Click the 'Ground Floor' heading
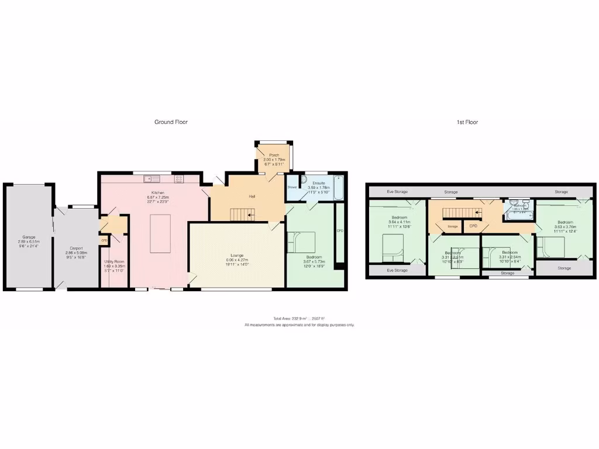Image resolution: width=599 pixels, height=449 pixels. [171, 122]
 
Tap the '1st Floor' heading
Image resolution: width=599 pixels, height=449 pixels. [467, 122]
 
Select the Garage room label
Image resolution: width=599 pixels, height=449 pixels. [29, 237]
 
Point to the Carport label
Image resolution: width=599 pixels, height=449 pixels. [76, 248]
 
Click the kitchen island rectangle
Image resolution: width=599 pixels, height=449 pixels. [160, 233]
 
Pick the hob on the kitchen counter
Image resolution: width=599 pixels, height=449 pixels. [178, 178]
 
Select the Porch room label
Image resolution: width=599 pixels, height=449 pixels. [273, 156]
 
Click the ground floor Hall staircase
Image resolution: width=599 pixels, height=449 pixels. [242, 215]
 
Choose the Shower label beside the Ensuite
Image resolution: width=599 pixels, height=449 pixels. [292, 187]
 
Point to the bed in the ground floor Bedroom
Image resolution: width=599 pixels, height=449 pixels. [301, 242]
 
